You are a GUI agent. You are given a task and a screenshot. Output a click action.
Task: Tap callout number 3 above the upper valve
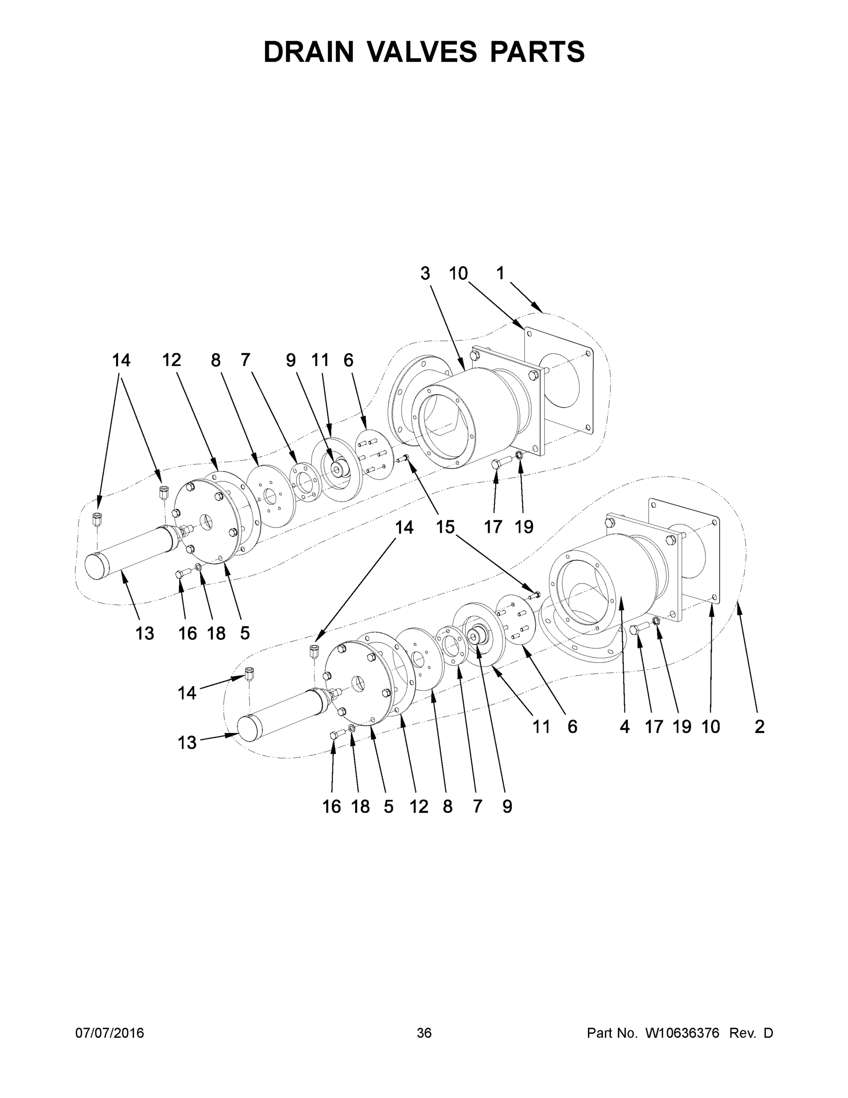pyautogui.click(x=425, y=274)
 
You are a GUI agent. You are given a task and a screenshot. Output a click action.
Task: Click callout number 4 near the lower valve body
pyautogui.click(x=624, y=727)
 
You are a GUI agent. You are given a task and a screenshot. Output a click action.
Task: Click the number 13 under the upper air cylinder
pyautogui.click(x=144, y=634)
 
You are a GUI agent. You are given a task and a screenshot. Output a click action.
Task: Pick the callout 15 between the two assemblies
pyautogui.click(x=445, y=527)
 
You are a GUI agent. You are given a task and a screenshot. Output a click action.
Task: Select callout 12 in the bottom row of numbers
pyautogui.click(x=418, y=807)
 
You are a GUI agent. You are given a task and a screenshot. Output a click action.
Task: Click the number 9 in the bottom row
pyautogui.click(x=507, y=807)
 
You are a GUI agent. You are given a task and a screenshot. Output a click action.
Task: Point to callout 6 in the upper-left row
pyautogui.click(x=348, y=360)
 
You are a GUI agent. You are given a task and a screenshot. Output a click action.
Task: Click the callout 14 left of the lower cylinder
pyautogui.click(x=187, y=693)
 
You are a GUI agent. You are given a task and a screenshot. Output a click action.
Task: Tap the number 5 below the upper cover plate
pyautogui.click(x=245, y=634)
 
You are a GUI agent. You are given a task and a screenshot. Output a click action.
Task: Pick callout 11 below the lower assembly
pyautogui.click(x=541, y=727)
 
